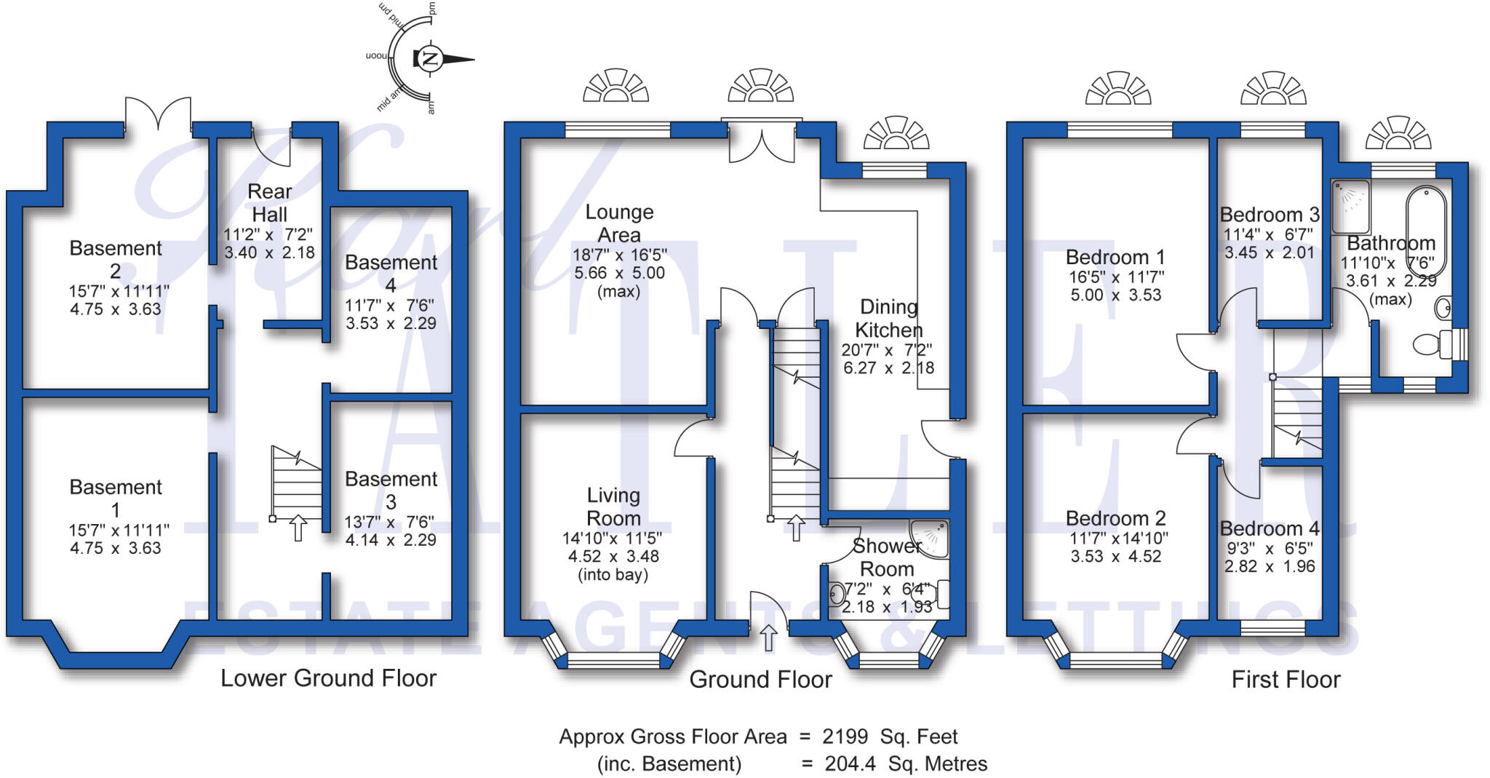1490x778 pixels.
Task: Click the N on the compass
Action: pos(430,59)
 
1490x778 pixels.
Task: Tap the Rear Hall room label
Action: pos(269,203)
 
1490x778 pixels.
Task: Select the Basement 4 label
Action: pos(391,273)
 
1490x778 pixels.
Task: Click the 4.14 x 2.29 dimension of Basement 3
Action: pos(391,540)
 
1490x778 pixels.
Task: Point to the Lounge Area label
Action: pos(619,223)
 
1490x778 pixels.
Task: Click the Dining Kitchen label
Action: pos(888,318)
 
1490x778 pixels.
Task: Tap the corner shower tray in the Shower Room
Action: pos(931,538)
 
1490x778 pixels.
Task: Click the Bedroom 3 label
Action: pos(1270,215)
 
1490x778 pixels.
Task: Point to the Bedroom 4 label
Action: pos(1270,528)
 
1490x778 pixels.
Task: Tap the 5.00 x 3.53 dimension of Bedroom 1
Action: pos(1115,295)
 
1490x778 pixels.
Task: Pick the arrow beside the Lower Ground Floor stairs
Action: pos(298,528)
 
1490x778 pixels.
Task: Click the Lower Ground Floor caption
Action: pos(328,678)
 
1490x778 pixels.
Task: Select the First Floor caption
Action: pos(1286,680)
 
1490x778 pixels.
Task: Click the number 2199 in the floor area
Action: pos(845,737)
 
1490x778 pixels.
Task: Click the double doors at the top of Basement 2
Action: pos(158,116)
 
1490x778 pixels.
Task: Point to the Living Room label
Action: pos(613,507)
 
